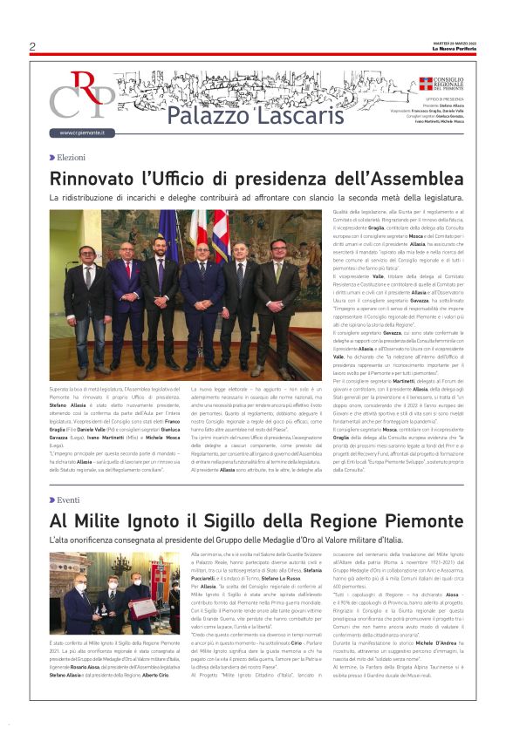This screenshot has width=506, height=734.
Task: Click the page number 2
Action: click(x=32, y=47)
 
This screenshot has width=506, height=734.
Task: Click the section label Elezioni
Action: click(x=70, y=157)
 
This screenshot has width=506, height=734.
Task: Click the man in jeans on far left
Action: click(x=87, y=305)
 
